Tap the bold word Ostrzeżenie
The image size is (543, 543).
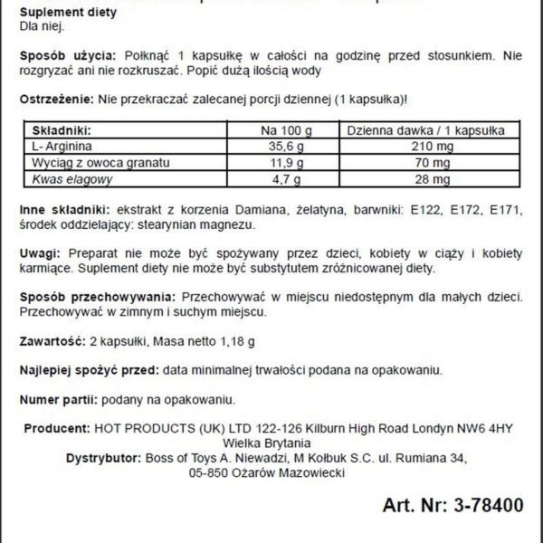(x=54, y=97)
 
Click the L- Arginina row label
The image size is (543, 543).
(x=60, y=147)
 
